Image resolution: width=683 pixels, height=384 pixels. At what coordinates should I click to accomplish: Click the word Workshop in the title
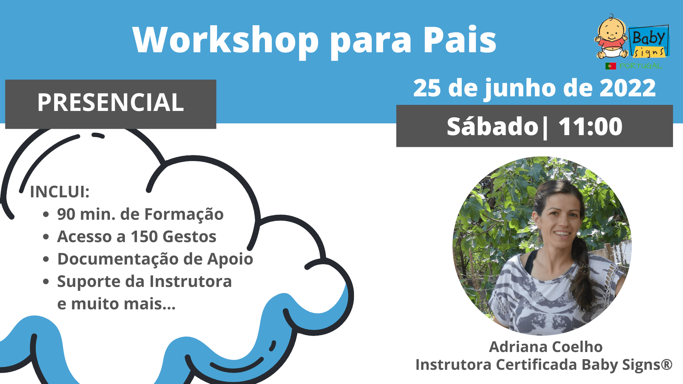pos(226,40)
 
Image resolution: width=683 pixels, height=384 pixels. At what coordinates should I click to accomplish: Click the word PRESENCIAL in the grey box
pos(111,103)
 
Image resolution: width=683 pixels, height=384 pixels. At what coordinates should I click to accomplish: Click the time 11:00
pos(591,127)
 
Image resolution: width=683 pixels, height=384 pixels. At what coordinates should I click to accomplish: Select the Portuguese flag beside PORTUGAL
pos(611,66)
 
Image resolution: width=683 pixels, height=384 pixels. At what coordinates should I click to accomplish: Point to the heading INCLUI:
pos(59,192)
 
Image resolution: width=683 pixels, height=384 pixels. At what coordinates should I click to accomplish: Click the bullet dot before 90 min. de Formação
pos(46,214)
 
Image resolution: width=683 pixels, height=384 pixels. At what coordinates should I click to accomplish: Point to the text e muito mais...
pos(116,304)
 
